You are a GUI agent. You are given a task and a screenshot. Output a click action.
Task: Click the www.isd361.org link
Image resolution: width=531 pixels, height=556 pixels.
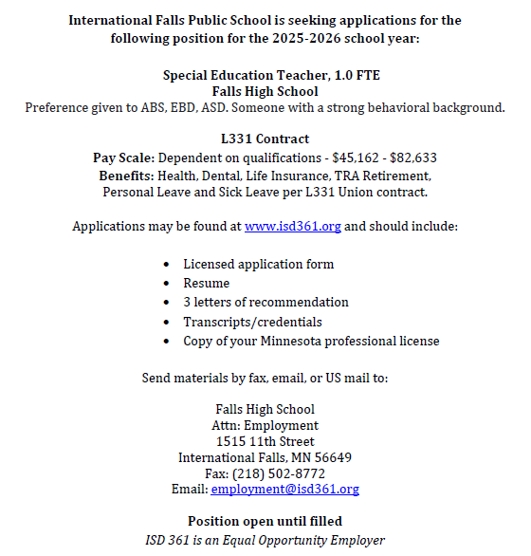[292, 227]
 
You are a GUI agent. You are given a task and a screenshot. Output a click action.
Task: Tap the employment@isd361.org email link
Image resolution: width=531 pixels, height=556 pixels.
[284, 490]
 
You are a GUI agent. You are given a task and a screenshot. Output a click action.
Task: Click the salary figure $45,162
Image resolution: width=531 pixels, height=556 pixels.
[347, 158]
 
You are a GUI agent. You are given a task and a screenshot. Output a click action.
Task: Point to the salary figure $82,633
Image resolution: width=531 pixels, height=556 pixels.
[410, 158]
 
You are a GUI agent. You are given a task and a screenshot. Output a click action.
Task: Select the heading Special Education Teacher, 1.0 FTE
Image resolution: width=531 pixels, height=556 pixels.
[265, 75]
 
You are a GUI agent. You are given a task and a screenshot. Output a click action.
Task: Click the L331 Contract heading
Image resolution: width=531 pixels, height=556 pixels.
[265, 139]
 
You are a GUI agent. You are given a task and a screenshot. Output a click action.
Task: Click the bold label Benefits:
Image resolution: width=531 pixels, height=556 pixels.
[131, 176]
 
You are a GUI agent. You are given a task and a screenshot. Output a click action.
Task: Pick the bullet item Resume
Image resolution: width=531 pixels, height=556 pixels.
[207, 283]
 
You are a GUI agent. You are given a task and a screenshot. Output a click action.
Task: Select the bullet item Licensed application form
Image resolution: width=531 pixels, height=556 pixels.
[258, 264]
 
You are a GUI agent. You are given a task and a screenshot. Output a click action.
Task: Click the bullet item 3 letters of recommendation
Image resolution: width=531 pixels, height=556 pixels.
[265, 302]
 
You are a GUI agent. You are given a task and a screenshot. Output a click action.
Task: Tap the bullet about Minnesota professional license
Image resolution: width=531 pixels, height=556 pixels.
[311, 341]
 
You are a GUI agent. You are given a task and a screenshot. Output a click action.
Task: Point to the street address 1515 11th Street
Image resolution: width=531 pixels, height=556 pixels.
[265, 441]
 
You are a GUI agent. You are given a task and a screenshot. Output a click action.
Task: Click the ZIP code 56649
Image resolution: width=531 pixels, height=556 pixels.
[332, 457]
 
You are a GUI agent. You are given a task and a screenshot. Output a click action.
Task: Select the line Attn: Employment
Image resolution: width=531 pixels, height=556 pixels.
[265, 425]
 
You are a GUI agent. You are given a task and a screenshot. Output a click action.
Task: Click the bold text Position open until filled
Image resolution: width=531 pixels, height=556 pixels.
[265, 521]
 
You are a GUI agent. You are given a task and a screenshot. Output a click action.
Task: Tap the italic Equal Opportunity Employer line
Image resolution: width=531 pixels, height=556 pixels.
[265, 540]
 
